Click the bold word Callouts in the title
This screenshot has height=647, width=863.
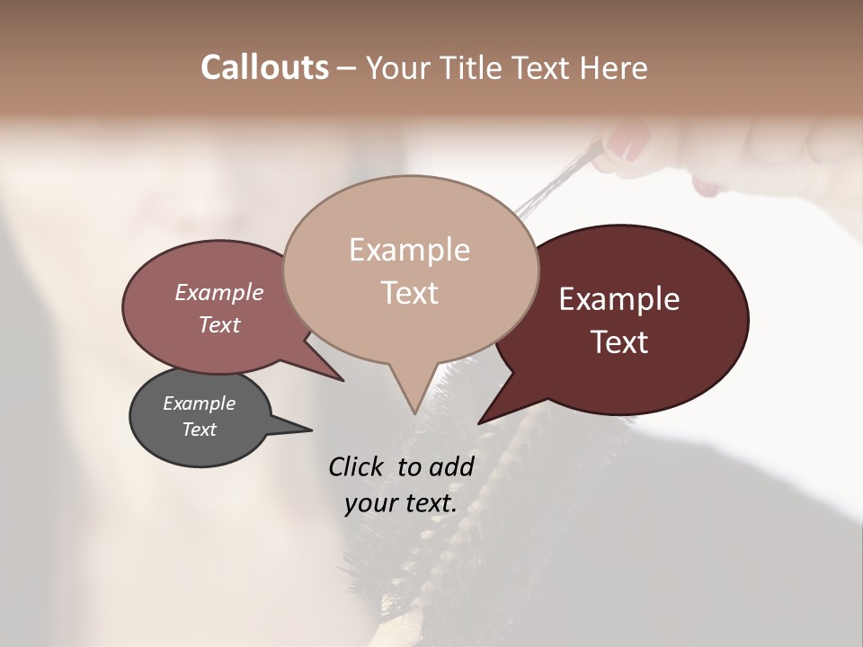coord(265,67)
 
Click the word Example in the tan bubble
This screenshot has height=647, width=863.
coord(409,250)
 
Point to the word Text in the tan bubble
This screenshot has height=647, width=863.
coord(409,293)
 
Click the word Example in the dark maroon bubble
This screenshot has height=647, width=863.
coord(619,299)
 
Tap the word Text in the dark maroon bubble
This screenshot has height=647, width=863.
coord(619,342)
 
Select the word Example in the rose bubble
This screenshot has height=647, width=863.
coord(219,292)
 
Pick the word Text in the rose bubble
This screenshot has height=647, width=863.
coord(219,324)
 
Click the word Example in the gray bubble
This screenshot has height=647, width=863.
coord(200,403)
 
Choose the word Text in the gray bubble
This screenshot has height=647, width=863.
coord(200,430)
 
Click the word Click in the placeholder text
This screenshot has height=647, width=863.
coord(358,466)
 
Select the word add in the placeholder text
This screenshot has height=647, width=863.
coord(451,466)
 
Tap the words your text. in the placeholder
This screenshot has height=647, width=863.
coord(401,503)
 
